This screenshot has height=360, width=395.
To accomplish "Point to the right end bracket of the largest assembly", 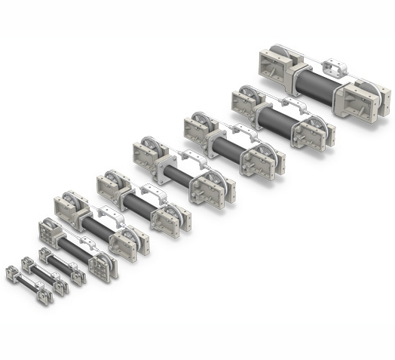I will click(374, 99).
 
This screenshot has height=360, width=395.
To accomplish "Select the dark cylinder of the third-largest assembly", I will click(231, 146).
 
